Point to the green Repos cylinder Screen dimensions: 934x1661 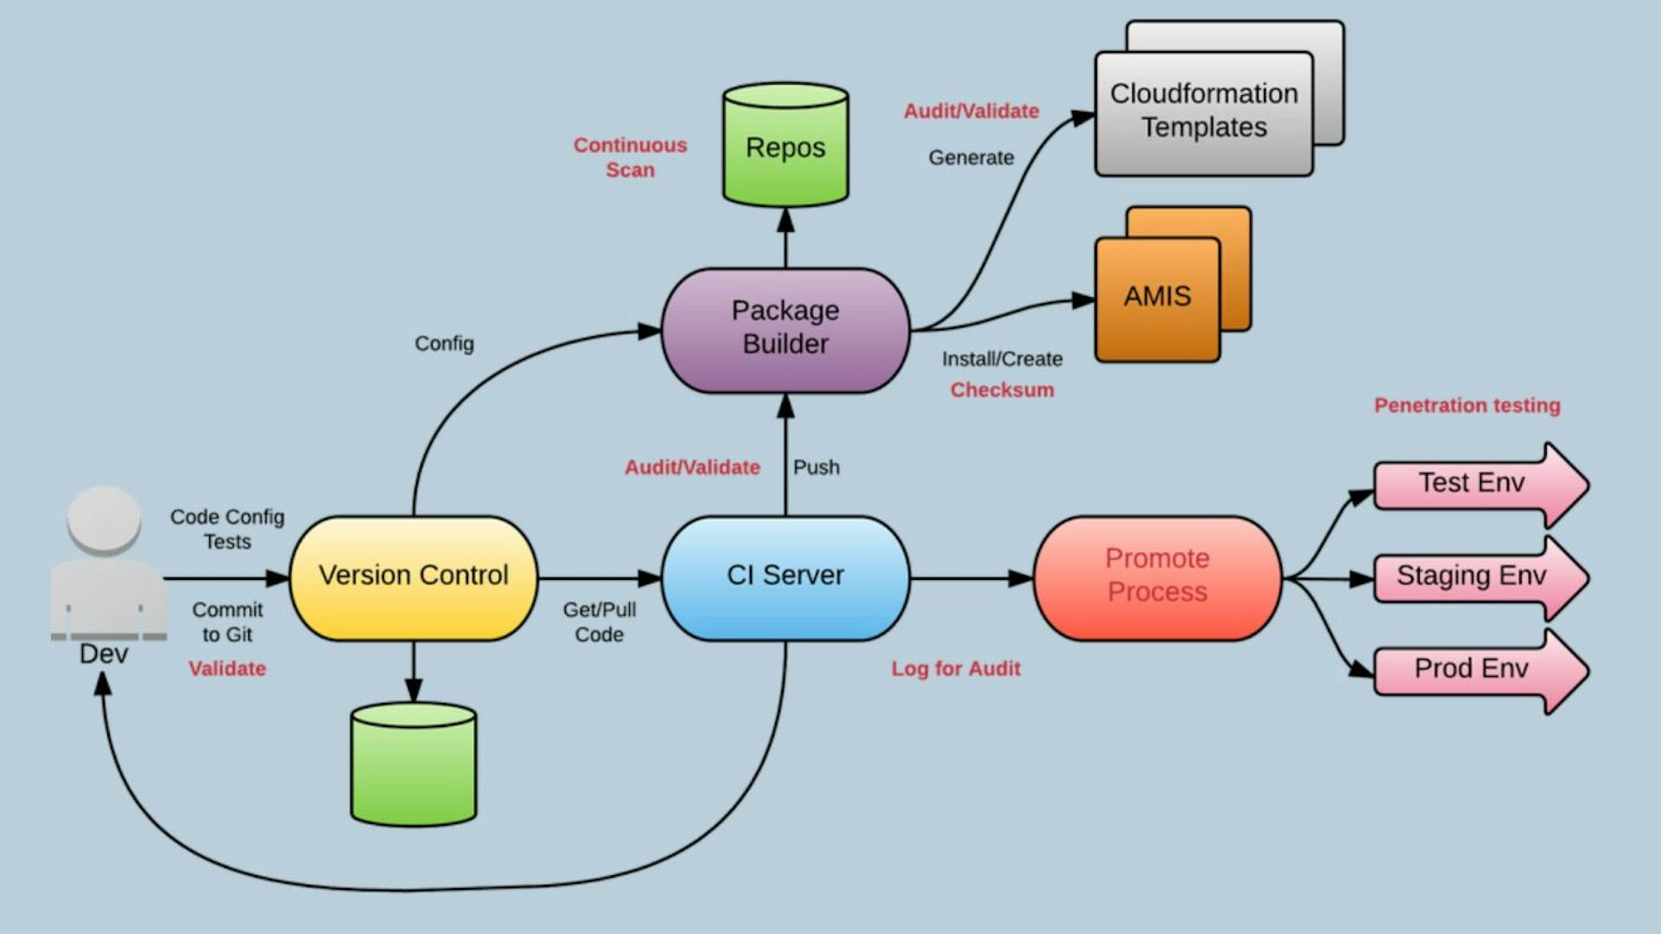tap(785, 147)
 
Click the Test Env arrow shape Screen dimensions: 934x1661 tap(1471, 484)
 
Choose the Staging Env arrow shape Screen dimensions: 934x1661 tap(1471, 577)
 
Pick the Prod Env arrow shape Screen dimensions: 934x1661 tap(1471, 669)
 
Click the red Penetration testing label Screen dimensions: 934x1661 tap(1466, 405)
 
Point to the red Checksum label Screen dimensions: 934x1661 tap(1002, 390)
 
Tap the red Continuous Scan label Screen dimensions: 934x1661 tap(630, 158)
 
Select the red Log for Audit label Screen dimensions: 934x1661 tap(956, 668)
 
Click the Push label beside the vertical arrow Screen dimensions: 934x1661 tap(816, 467)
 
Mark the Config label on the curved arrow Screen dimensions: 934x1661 tap(444, 344)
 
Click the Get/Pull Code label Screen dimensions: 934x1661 tap(599, 622)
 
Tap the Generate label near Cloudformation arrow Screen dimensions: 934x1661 tap(971, 158)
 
